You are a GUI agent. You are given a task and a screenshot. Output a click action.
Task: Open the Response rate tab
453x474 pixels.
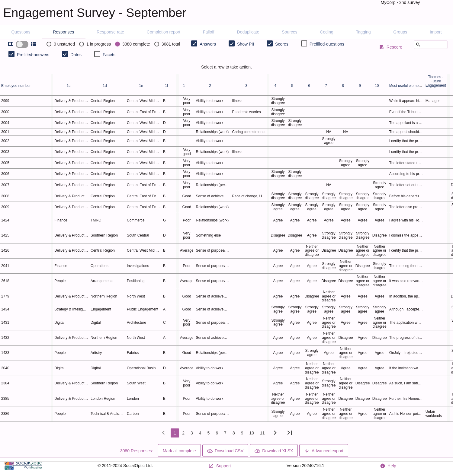[x=110, y=32]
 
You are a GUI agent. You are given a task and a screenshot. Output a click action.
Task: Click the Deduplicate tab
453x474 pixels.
[x=248, y=32]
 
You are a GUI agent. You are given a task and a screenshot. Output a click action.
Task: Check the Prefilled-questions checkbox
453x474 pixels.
[x=304, y=44]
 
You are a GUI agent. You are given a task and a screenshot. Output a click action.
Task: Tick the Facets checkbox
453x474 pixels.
[x=97, y=54]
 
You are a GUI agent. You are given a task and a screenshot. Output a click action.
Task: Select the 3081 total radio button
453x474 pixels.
[x=157, y=44]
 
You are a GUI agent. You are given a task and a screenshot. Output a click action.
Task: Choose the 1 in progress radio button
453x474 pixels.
[x=82, y=44]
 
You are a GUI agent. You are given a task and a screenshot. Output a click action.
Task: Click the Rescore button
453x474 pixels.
[x=391, y=47]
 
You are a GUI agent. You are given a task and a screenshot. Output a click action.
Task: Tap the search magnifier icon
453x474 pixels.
[x=418, y=45]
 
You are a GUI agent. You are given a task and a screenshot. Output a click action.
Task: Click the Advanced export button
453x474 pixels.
[x=324, y=450]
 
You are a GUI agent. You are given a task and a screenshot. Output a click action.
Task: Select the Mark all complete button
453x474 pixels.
[x=179, y=450]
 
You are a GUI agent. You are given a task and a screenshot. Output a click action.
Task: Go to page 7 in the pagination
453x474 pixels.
[x=225, y=433]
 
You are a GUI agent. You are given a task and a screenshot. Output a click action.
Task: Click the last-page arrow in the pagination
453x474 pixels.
[x=290, y=433]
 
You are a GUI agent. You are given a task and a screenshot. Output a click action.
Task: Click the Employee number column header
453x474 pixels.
[x=16, y=86]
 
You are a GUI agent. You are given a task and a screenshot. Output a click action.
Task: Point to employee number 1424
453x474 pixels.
[x=5, y=220]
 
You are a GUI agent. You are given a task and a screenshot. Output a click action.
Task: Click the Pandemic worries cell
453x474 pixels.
[x=246, y=112]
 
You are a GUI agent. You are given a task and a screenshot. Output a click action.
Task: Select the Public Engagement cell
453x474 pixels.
[x=143, y=309]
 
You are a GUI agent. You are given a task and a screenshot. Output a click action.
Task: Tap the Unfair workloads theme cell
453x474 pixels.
[x=433, y=414]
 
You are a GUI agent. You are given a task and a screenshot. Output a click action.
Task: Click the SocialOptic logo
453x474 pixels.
[x=23, y=465]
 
